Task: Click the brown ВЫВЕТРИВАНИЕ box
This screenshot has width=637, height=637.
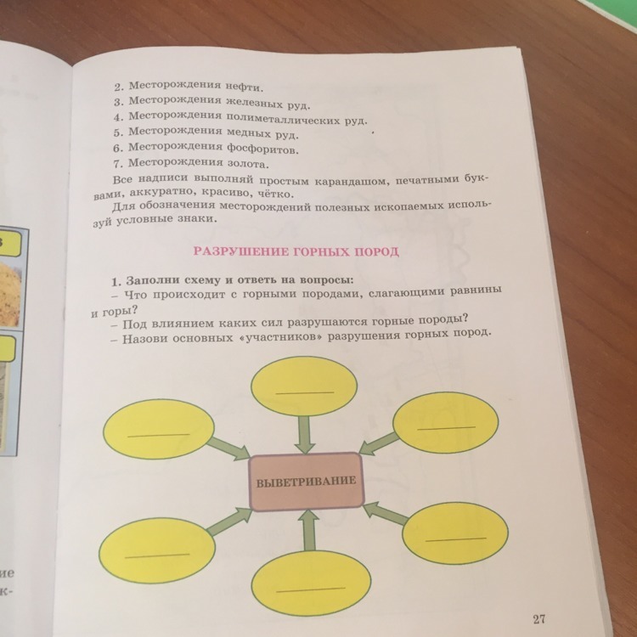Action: pos(307,481)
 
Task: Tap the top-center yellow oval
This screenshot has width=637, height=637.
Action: pos(304,386)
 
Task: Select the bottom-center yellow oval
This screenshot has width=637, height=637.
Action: pos(311,583)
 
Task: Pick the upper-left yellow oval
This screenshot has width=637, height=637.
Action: pos(159,429)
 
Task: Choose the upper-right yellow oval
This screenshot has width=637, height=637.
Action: pos(446,423)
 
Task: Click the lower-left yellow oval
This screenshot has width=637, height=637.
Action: pos(157,550)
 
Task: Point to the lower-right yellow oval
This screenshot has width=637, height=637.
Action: pos(455,533)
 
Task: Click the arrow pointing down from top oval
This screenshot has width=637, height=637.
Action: pos(305,435)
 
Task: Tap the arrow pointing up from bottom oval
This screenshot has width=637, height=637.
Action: pos(309,530)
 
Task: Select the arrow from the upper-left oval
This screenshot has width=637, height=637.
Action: pos(228,449)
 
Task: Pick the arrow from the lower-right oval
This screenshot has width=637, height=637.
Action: pos(385,513)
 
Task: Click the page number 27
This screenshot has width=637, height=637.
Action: pos(539,619)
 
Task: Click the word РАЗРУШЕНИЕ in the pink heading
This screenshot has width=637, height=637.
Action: pos(241,251)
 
